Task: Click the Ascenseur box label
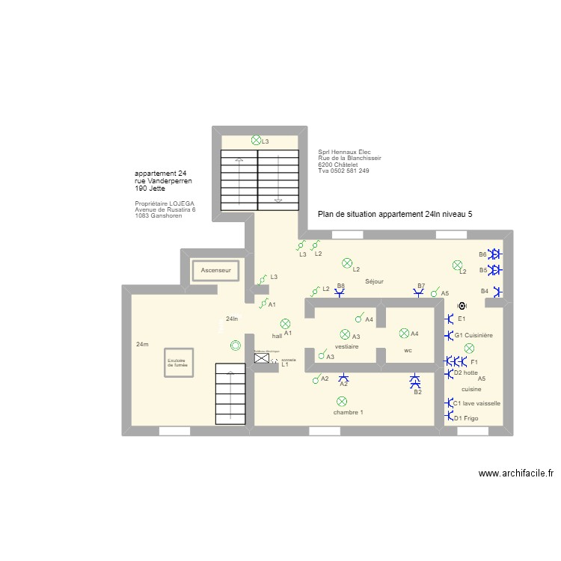[215, 269]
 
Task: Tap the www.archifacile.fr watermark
[516, 473]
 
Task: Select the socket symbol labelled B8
[340, 293]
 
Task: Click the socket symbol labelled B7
[421, 293]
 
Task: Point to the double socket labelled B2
[417, 382]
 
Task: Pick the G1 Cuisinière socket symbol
[449, 336]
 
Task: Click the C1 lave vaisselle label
[476, 403]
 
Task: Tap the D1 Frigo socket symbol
[448, 418]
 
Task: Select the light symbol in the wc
[405, 334]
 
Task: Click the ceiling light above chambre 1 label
[342, 402]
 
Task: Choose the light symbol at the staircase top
[256, 140]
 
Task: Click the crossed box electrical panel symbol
[262, 359]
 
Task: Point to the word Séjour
[374, 282]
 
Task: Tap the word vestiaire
[346, 347]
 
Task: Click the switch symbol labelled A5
[435, 294]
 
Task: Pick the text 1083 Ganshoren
[158, 215]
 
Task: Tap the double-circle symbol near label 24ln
[236, 345]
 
